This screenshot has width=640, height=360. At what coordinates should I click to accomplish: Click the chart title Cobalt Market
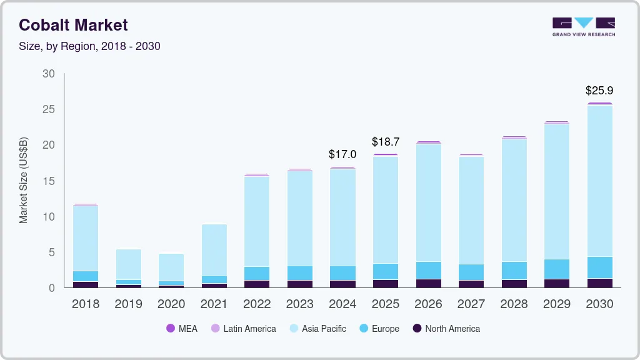73,25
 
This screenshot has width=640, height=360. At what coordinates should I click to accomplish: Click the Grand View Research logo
584,27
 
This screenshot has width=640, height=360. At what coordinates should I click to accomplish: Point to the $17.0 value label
342,154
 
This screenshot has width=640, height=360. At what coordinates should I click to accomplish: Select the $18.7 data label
386,142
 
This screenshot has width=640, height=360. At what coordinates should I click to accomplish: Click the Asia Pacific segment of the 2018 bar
86,237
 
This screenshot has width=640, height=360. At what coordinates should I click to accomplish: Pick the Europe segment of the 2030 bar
600,267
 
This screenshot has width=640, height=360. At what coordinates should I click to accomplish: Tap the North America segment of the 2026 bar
429,283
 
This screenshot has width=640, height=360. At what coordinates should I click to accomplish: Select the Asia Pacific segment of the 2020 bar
171,267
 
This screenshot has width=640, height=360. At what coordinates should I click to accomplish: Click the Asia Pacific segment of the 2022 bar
257,221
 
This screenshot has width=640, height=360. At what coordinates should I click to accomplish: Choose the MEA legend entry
182,329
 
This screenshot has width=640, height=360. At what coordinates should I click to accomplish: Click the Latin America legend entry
243,329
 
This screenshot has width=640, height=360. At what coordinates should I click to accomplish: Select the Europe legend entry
379,329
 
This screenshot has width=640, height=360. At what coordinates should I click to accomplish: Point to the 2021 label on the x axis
214,304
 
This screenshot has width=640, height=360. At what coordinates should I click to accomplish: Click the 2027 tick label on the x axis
471,304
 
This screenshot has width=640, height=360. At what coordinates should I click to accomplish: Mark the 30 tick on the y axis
48,74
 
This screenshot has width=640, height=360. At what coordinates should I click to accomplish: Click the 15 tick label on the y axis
48,181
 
